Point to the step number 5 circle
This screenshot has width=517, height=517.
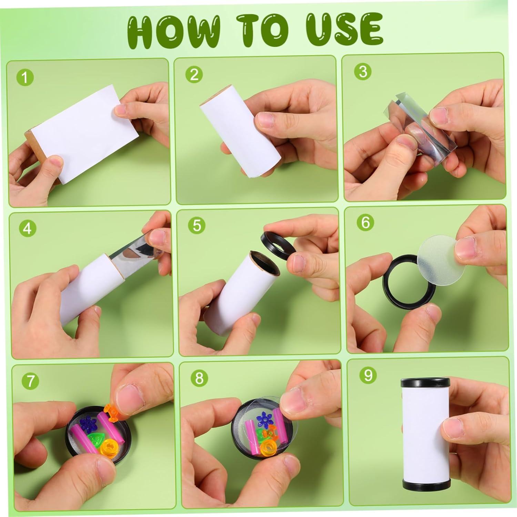197,225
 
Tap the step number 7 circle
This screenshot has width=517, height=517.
31,381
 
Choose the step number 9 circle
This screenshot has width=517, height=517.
368,375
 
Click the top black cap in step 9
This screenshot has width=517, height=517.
426,382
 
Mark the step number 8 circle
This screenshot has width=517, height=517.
200,378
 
